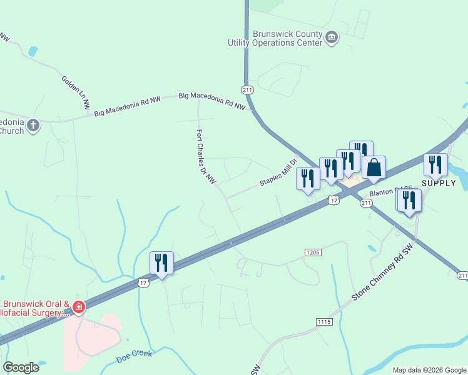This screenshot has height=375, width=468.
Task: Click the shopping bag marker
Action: click(x=374, y=168)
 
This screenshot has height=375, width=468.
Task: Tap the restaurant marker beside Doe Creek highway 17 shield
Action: click(x=162, y=264)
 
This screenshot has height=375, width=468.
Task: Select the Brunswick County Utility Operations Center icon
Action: click(x=332, y=39)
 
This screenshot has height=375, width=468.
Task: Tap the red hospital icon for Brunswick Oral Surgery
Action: click(x=79, y=307)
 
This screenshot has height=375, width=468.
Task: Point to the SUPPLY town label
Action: click(x=439, y=182)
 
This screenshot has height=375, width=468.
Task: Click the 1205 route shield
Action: click(x=313, y=252)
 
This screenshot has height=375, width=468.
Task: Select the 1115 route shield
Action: click(x=323, y=321)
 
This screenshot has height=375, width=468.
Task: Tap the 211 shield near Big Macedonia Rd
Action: click(x=248, y=90)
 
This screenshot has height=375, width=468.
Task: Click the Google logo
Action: click(x=21, y=367)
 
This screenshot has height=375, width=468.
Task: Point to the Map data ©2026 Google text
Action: click(x=429, y=370)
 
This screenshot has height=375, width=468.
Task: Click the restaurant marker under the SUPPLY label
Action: click(x=409, y=201)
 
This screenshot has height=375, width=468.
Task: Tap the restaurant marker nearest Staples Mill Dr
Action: click(x=308, y=179)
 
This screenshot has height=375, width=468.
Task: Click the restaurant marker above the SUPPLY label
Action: click(x=435, y=164)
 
